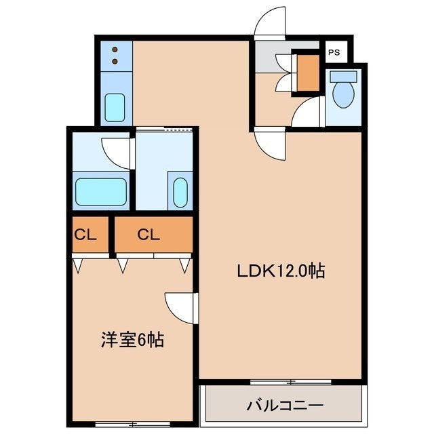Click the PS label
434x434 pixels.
coord(334,52)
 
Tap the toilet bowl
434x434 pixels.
coord(343,95)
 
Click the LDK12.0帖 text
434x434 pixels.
coord(281,271)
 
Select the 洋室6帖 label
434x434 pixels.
coord(132,339)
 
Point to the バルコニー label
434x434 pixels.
coord(285,406)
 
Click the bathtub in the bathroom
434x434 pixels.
coord(101,191)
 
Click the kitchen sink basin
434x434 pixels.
coord(115,107)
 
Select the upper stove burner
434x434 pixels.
coord(115,50)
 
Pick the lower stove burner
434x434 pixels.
coord(115,61)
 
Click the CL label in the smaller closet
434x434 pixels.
coord(85,235)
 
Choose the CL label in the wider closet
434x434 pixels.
coord(149,235)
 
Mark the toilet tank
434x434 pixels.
coord(343,76)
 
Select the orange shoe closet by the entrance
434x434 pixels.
coord(308,73)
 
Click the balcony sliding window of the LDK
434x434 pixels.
coord(291,382)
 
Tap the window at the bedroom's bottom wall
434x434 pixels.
coord(133,424)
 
